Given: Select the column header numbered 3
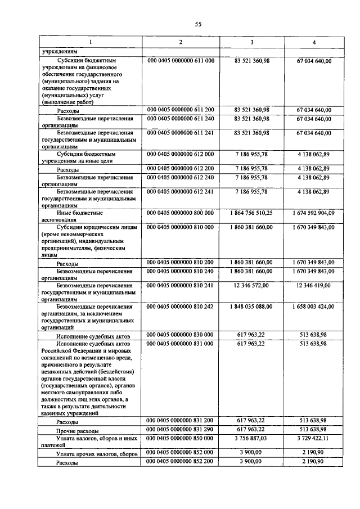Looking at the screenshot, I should pos(251,43).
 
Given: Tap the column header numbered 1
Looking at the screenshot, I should pos(89,43).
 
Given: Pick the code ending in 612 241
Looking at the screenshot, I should pos(180,192).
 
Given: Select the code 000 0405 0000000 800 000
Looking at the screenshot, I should pos(180,214).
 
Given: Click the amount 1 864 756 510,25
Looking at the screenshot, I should pos(251,214).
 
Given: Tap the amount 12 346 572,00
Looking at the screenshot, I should pos(251,285).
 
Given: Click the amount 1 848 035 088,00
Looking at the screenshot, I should pos(251,307).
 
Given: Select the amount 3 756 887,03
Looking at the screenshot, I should pos(251,436).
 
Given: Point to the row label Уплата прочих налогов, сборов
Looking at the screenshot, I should pos(97,453).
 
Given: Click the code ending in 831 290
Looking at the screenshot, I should pos(180,429).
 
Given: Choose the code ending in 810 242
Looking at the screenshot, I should pos(180,307).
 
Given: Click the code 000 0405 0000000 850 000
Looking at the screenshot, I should pos(180,436).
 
